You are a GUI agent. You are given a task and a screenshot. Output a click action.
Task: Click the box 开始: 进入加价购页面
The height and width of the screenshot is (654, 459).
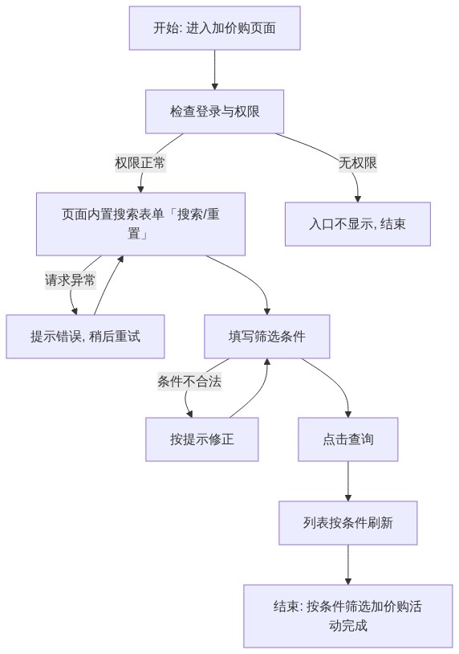pyautogui.click(x=214, y=28)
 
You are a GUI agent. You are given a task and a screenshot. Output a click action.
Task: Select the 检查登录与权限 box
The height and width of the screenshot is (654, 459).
pyautogui.click(x=214, y=112)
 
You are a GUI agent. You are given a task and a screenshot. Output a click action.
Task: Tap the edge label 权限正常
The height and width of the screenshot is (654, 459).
pyautogui.click(x=140, y=162)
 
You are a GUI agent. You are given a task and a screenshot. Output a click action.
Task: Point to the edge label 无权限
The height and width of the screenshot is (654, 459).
pyautogui.click(x=357, y=162)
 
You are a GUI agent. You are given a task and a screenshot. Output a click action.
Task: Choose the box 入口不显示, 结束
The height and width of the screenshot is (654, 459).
pyautogui.click(x=357, y=224)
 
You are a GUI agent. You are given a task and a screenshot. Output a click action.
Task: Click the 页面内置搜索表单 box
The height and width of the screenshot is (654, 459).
pyautogui.click(x=140, y=224)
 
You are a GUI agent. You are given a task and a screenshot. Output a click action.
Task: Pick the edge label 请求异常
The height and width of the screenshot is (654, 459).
pyautogui.click(x=70, y=280)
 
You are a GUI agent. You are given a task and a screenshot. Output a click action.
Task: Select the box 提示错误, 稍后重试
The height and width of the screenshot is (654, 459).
pyautogui.click(x=85, y=336)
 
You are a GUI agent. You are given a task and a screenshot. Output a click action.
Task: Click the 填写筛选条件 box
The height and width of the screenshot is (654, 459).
pyautogui.click(x=266, y=336)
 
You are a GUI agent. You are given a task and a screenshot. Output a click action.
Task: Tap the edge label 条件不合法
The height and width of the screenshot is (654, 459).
pyautogui.click(x=189, y=381)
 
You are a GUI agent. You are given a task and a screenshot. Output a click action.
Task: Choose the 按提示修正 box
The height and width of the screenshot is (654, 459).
pyautogui.click(x=201, y=439)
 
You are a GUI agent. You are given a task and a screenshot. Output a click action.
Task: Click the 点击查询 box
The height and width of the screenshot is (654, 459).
pyautogui.click(x=347, y=439)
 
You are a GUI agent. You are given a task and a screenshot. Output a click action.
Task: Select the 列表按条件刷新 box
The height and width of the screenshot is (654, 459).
pyautogui.click(x=347, y=522)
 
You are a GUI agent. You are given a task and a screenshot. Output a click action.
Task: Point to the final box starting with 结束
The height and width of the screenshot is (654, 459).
pyautogui.click(x=347, y=615)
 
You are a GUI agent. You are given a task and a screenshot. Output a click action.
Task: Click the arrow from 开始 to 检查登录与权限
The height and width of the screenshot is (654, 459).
pyautogui.click(x=214, y=70)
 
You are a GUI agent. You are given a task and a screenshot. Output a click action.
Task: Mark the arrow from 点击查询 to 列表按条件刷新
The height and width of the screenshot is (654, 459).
pyautogui.click(x=347, y=481)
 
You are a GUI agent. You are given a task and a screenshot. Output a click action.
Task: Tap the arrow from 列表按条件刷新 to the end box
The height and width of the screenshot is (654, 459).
pyautogui.click(x=347, y=564)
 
